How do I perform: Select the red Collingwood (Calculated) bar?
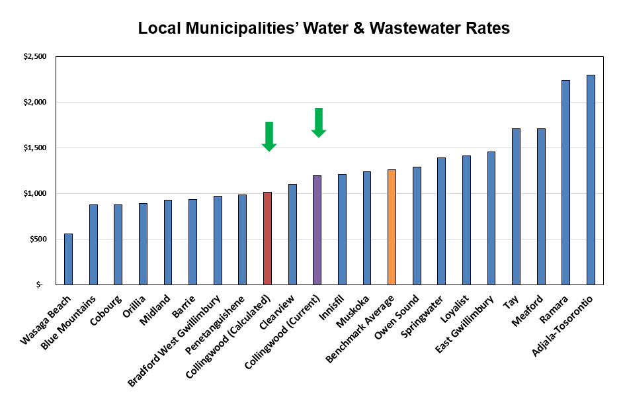267,238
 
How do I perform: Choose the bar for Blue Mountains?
93,245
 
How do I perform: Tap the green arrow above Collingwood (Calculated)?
269,136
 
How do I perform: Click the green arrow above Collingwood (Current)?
319,122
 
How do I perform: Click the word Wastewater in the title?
414,28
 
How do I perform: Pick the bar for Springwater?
441,221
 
